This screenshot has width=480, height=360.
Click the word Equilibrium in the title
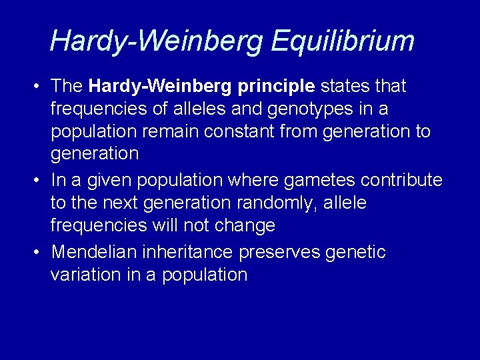(343, 41)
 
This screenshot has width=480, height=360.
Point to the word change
(245, 225)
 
